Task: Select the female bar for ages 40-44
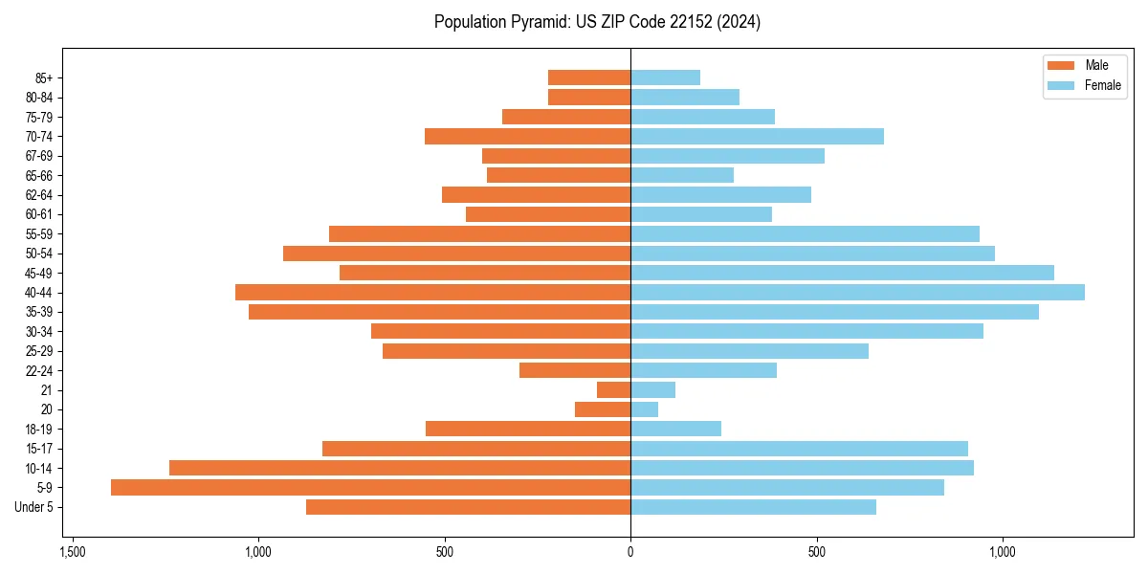click(x=857, y=293)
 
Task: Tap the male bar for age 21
click(x=613, y=390)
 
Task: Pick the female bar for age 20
click(x=644, y=409)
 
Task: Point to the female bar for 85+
click(x=665, y=77)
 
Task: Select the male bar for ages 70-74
click(x=527, y=137)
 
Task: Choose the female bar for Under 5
click(x=753, y=507)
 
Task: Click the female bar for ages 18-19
click(x=675, y=430)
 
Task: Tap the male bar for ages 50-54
click(x=456, y=254)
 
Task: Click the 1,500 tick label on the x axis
click(x=72, y=552)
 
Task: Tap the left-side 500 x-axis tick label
click(x=444, y=552)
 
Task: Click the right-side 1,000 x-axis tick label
click(x=1003, y=552)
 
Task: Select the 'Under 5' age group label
click(x=33, y=507)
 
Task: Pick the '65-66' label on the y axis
click(x=39, y=176)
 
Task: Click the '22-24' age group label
click(x=39, y=371)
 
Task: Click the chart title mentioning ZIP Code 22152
click(x=597, y=22)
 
